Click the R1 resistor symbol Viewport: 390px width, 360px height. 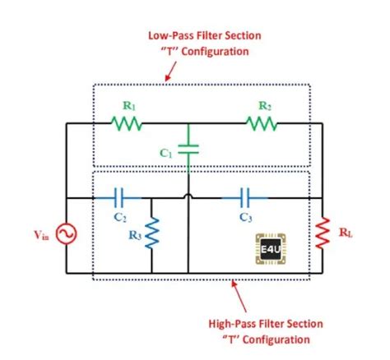click(127, 123)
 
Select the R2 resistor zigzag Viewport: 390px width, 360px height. click(261, 123)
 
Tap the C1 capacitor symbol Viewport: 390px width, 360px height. click(188, 151)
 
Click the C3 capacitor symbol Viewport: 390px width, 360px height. click(244, 198)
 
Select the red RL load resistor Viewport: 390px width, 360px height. click(323, 233)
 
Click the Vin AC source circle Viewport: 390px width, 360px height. click(65, 235)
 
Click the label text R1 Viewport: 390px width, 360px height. click(128, 106)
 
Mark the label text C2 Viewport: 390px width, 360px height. click(120, 217)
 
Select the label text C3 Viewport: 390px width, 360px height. click(246, 217)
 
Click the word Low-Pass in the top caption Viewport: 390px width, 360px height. click(171, 36)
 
